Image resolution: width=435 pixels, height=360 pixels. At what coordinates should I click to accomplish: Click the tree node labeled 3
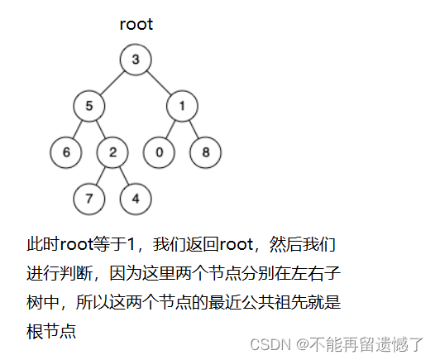click(136, 60)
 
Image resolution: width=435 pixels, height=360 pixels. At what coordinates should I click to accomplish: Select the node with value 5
click(89, 106)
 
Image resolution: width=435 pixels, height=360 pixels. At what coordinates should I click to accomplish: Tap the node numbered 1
click(182, 106)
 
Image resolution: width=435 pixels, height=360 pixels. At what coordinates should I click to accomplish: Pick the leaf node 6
click(66, 152)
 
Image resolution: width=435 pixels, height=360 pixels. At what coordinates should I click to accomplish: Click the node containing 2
click(112, 152)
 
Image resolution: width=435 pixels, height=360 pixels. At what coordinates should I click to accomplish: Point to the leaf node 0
click(159, 152)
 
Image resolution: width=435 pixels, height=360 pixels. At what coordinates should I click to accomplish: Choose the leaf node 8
click(206, 152)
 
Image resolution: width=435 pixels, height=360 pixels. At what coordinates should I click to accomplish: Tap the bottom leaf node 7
click(89, 199)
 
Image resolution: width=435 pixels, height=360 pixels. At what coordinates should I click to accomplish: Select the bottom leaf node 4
click(136, 199)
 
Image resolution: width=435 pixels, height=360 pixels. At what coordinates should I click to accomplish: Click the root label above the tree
click(136, 25)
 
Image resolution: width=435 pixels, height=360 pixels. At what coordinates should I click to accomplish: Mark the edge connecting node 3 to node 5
click(112, 83)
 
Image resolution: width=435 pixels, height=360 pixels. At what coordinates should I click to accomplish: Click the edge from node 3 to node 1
click(159, 83)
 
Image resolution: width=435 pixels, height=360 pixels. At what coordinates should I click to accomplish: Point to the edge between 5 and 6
click(78, 129)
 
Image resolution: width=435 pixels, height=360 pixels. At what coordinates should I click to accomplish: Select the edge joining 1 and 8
click(194, 129)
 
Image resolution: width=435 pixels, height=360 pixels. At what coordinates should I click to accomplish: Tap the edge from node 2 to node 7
click(101, 175)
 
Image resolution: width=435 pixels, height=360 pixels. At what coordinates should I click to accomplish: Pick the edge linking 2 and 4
click(124, 175)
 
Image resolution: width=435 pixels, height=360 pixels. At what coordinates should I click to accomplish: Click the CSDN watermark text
click(337, 344)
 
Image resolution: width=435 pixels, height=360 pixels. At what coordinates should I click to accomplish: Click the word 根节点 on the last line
click(51, 331)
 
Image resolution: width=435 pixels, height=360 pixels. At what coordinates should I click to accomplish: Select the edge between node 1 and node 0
click(170, 129)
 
